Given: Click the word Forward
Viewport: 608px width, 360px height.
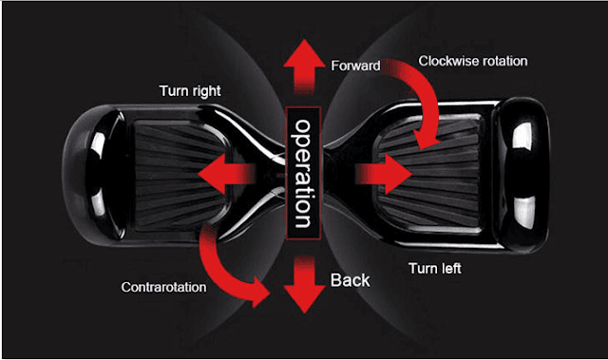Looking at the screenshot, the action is pyautogui.click(x=355, y=66).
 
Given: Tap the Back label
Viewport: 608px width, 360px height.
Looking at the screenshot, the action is pyautogui.click(x=350, y=280).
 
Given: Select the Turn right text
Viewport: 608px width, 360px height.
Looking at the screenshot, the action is pyautogui.click(x=190, y=91).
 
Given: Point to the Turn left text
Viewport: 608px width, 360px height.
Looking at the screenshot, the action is pyautogui.click(x=435, y=268).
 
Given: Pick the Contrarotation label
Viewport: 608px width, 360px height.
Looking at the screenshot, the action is pyautogui.click(x=163, y=287).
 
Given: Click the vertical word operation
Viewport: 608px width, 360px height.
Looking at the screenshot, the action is pyautogui.click(x=304, y=173).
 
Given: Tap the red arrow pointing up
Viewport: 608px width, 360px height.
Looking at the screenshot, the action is pyautogui.click(x=304, y=66).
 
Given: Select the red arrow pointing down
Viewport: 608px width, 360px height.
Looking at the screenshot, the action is pyautogui.click(x=304, y=284).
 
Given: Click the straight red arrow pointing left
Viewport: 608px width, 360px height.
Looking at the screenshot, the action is pyautogui.click(x=227, y=174).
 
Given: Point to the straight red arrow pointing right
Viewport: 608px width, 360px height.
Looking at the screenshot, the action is pyautogui.click(x=384, y=174).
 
